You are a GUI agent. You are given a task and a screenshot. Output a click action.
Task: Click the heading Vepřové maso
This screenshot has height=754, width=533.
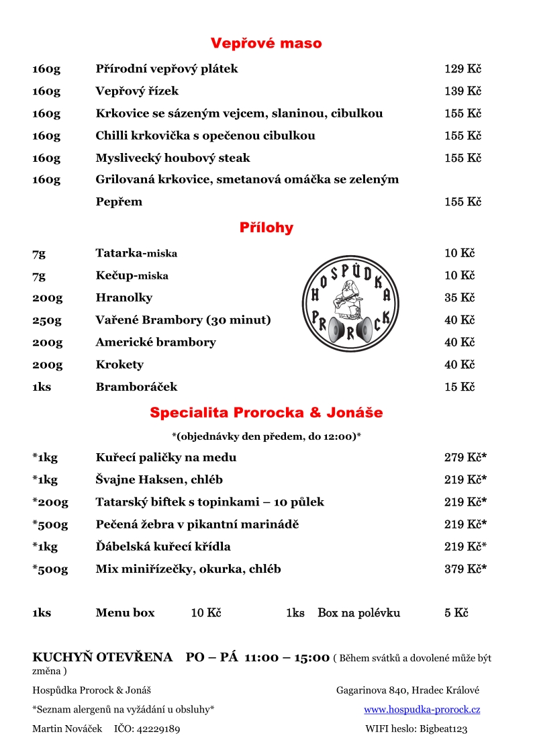click(266, 44)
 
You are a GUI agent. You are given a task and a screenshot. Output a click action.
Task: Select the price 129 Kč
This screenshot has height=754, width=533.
click(463, 69)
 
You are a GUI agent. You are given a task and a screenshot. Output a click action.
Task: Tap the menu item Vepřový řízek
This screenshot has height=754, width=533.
click(137, 91)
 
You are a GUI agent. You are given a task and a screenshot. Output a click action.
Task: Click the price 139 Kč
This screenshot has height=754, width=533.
click(463, 91)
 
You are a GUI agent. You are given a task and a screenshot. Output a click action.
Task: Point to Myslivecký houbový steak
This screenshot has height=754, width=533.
click(173, 158)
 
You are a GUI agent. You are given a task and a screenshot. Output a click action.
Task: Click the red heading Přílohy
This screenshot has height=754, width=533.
click(266, 228)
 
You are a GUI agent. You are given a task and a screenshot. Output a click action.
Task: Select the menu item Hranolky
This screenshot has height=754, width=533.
click(124, 297)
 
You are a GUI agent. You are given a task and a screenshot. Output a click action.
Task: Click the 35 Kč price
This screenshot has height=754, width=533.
click(459, 297)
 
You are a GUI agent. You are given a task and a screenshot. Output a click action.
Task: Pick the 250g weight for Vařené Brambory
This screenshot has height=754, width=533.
click(46, 320)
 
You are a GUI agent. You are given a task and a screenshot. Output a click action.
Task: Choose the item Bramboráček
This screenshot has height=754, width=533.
click(136, 387)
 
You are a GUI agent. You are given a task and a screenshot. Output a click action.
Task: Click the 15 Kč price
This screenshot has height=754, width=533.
click(459, 387)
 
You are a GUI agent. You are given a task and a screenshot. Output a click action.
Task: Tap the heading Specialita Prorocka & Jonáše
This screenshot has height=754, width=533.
click(266, 412)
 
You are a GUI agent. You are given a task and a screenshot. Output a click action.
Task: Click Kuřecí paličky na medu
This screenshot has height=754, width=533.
click(166, 458)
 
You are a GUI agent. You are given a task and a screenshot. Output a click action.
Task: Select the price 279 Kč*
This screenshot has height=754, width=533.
click(465, 458)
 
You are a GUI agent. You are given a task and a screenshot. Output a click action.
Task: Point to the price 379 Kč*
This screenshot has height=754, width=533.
click(465, 569)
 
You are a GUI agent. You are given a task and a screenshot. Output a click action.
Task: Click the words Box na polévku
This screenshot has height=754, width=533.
click(358, 613)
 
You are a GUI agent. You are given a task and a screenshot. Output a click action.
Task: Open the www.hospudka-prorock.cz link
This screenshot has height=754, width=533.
click(422, 710)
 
